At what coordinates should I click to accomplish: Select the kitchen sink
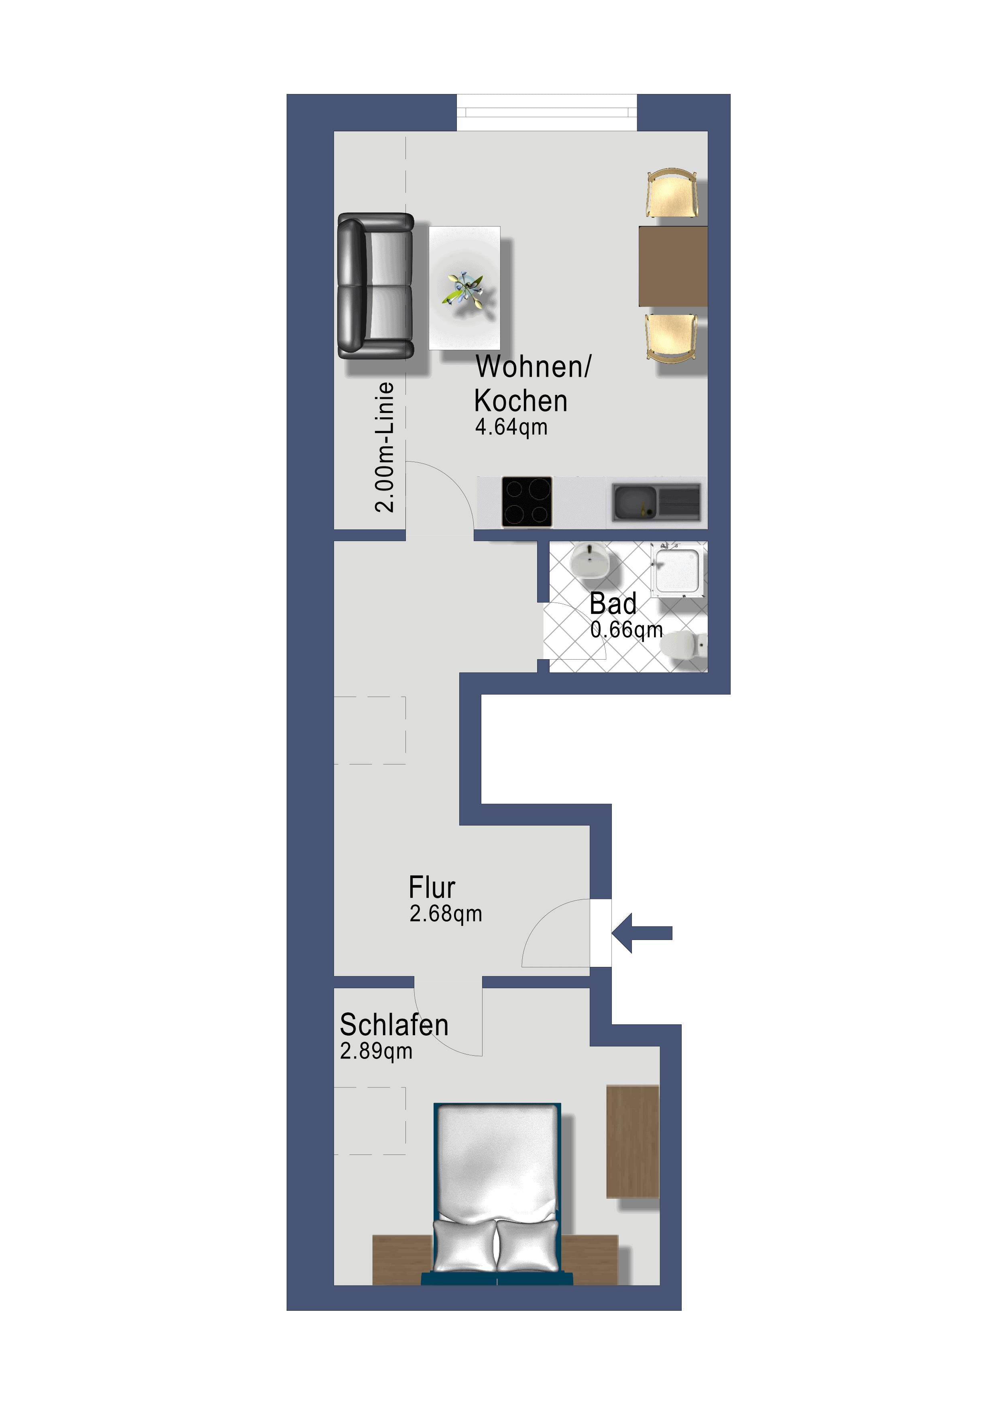[x=656, y=502]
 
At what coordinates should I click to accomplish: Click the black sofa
[x=375, y=286]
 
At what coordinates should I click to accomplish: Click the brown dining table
[x=672, y=266]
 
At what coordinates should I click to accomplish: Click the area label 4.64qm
[x=511, y=427]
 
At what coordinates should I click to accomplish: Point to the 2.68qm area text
[x=445, y=914]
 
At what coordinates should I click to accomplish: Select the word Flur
[x=432, y=887]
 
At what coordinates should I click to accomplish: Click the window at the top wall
[x=547, y=112]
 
